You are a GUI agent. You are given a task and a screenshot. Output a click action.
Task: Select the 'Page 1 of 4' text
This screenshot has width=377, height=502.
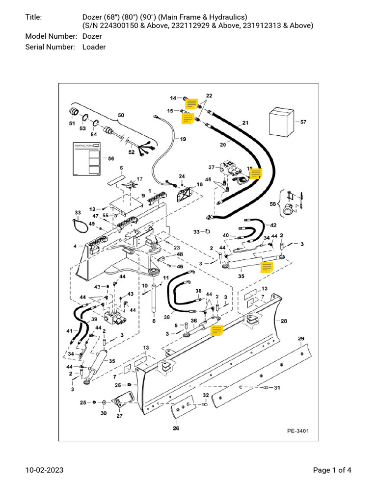(x=332, y=471)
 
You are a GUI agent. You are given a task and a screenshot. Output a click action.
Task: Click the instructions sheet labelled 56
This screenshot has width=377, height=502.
(x=86, y=159)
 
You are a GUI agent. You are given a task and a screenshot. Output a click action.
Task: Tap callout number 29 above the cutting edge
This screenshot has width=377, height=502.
(x=301, y=339)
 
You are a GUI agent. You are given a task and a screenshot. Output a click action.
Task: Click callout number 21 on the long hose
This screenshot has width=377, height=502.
(x=245, y=123)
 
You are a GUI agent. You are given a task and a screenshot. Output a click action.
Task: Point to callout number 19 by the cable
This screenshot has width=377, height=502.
(x=183, y=139)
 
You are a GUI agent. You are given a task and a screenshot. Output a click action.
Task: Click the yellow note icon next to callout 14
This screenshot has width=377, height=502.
(x=191, y=103)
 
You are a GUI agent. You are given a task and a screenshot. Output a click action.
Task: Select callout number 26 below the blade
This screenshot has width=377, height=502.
(x=176, y=428)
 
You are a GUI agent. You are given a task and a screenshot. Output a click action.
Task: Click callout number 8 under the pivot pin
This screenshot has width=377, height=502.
(x=154, y=321)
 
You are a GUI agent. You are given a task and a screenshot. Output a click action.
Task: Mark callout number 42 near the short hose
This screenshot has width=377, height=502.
(x=273, y=225)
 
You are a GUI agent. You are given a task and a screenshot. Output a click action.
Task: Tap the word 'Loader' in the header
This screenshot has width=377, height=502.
(x=94, y=47)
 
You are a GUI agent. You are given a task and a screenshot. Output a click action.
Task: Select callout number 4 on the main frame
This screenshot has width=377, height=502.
(x=75, y=246)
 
